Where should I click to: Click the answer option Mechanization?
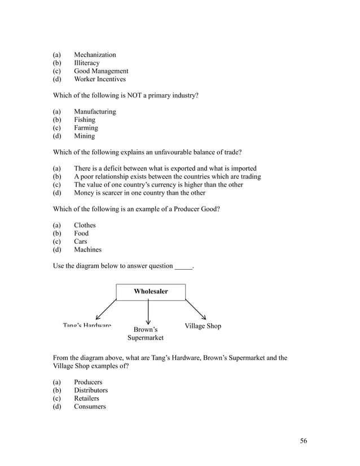(x=94, y=55)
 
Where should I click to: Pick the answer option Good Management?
(x=100, y=71)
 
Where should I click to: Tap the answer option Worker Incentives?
(x=99, y=80)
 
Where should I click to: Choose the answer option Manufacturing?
(x=94, y=112)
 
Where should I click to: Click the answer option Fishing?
(x=84, y=120)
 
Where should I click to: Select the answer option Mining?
(x=84, y=136)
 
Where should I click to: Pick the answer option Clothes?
(x=85, y=225)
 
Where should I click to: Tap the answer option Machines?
(x=87, y=250)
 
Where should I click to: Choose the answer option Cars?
(x=80, y=241)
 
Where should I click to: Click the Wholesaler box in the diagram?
(x=151, y=292)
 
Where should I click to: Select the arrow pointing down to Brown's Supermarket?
(x=148, y=311)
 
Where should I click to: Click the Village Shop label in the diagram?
(x=203, y=326)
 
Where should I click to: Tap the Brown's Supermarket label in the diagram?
(x=145, y=333)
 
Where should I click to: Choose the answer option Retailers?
(x=86, y=398)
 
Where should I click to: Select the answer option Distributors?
(x=90, y=390)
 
